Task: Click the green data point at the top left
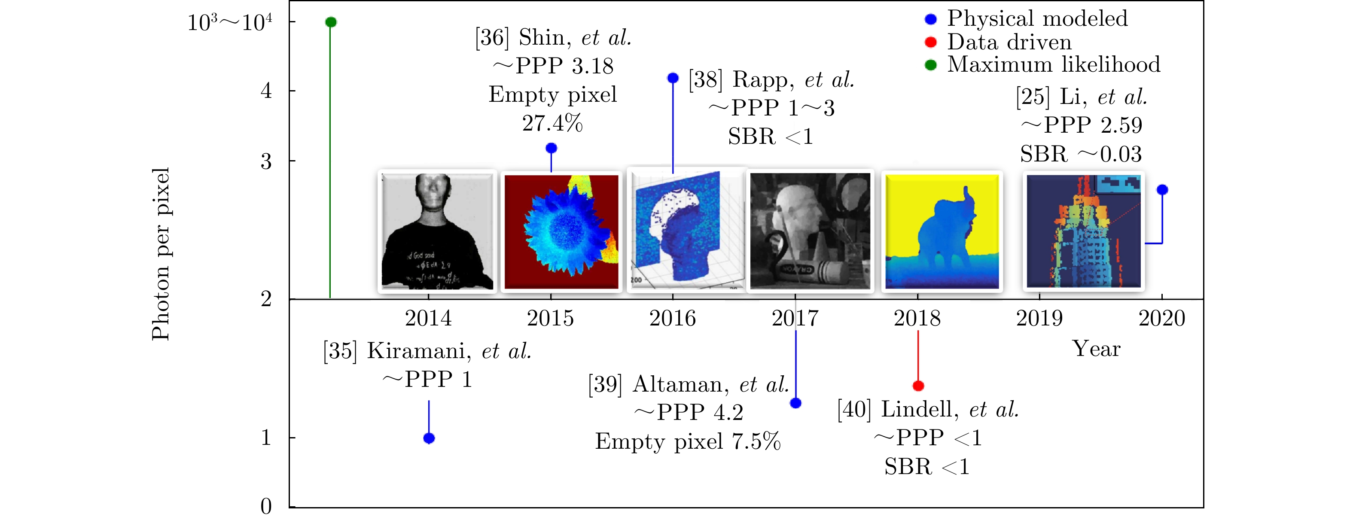pos(331,22)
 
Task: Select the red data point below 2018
pos(918,386)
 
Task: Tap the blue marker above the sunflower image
pos(551,149)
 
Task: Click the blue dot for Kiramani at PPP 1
pos(429,438)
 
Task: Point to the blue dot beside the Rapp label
pos(673,78)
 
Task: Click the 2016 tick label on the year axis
pos(672,318)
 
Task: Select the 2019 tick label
pos(1039,318)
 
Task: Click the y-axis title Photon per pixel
pos(161,254)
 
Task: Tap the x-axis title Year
pos(1096,349)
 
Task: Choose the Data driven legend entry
pos(1009,42)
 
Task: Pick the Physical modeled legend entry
pos(1037,19)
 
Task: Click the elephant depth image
pos(942,231)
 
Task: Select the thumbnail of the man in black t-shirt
pos(437,231)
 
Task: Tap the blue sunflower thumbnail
pos(561,231)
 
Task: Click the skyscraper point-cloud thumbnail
pos(1084,231)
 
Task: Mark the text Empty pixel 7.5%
pos(688,442)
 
